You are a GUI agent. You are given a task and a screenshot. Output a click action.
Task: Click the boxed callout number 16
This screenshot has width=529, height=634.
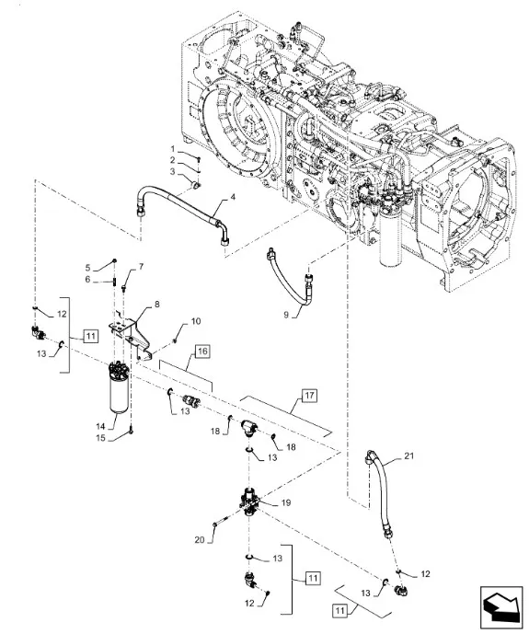click(x=202, y=352)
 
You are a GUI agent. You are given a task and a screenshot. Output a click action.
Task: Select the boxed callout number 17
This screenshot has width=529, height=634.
click(x=309, y=395)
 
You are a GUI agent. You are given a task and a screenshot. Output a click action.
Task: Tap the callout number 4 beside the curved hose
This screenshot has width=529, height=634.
click(x=233, y=197)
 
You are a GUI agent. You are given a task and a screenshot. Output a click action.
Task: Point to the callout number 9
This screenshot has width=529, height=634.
click(x=286, y=314)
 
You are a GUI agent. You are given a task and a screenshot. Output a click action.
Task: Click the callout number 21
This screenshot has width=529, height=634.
click(x=409, y=456)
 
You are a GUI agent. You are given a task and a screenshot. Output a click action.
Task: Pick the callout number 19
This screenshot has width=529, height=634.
click(x=286, y=503)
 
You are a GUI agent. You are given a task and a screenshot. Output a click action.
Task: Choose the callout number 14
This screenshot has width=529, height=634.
click(x=100, y=426)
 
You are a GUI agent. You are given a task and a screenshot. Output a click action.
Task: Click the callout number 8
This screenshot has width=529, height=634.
click(x=156, y=304)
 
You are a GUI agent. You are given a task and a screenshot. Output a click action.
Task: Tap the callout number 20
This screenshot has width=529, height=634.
click(x=200, y=540)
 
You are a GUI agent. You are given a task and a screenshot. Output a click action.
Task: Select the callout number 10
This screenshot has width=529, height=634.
click(x=196, y=321)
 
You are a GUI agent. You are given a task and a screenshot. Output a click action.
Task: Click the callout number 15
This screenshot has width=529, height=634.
click(x=100, y=438)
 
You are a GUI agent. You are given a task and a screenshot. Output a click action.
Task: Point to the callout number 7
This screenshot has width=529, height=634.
click(x=141, y=267)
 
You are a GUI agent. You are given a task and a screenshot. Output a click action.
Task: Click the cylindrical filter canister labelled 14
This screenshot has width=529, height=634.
click(x=119, y=387)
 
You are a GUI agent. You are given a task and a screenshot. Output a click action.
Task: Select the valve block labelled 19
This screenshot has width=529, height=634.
click(x=249, y=502)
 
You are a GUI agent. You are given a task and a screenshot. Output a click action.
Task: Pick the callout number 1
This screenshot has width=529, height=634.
click(x=173, y=149)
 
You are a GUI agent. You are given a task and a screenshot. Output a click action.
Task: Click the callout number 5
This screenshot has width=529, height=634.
click(x=87, y=268)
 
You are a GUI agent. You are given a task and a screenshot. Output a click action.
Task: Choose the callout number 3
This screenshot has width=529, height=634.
click(x=173, y=172)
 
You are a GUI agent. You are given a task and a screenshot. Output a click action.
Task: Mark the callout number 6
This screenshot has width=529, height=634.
click(x=87, y=280)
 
